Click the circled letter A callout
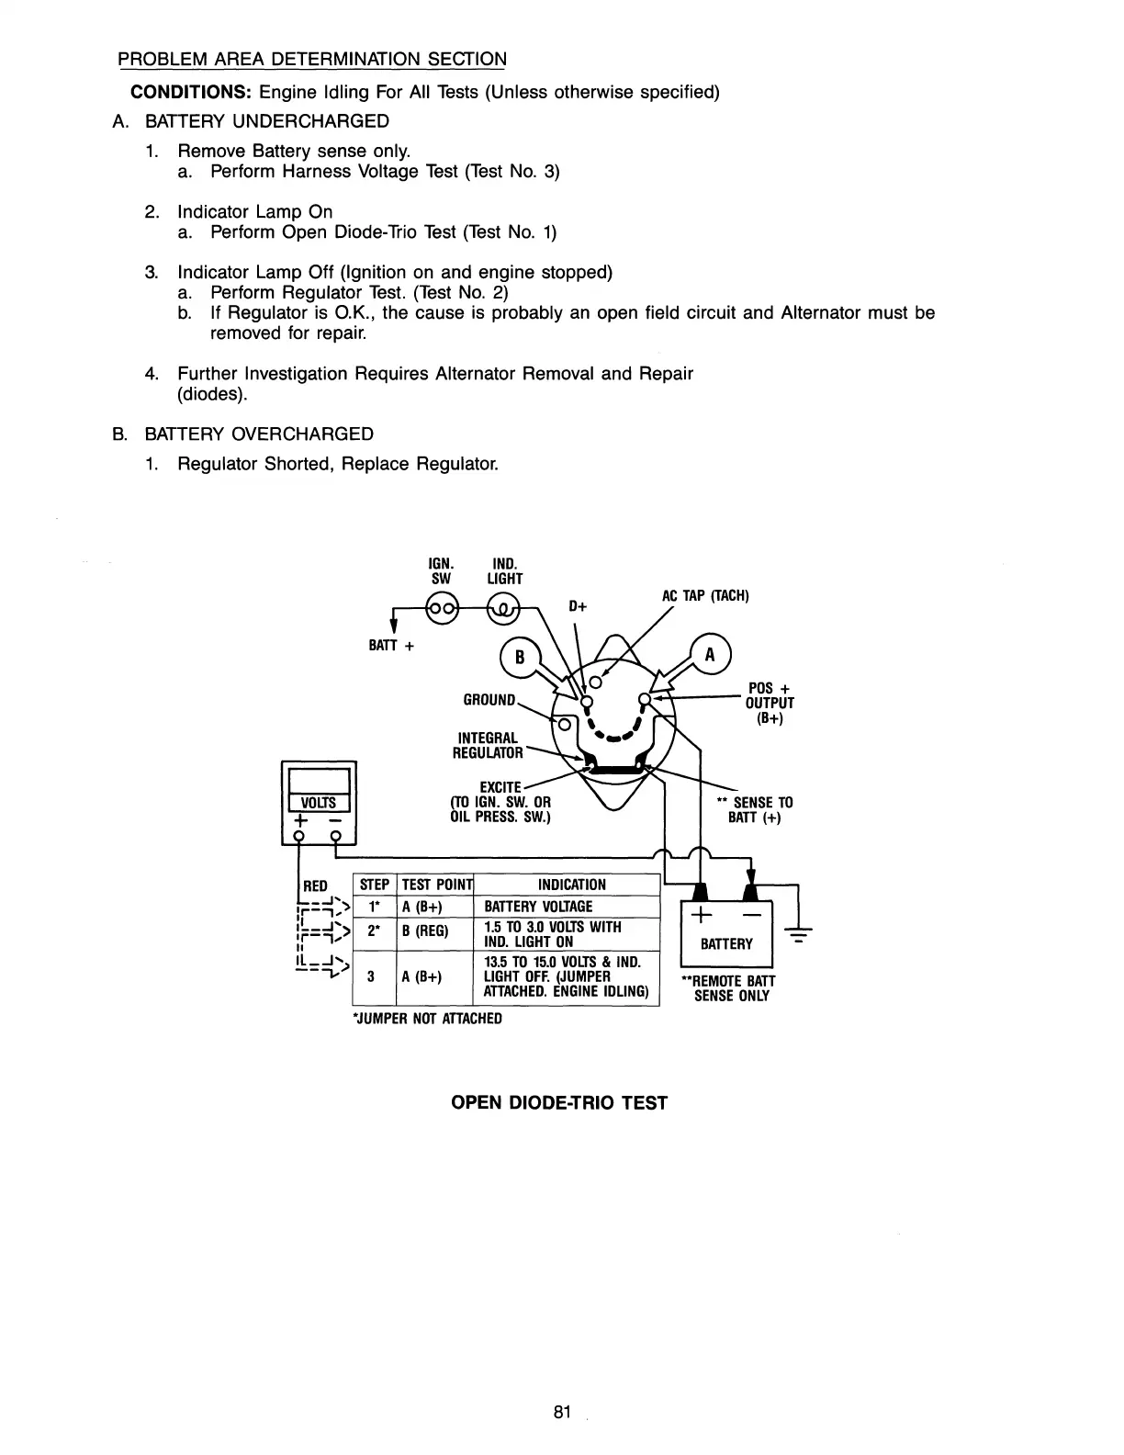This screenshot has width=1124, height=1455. [708, 656]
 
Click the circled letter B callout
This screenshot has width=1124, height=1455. [519, 658]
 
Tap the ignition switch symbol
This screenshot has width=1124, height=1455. [442, 608]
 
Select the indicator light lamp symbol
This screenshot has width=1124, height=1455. [504, 608]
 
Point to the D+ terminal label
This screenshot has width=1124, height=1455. [578, 606]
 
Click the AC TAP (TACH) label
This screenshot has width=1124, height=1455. [705, 596]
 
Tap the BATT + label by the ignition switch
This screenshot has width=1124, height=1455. [391, 646]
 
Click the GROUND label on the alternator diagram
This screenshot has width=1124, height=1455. [489, 700]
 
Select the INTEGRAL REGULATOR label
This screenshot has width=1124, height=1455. [489, 746]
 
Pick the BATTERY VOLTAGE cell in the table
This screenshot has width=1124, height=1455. [538, 907]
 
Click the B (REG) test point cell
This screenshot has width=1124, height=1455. [426, 932]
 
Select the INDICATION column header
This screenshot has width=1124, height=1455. [571, 885]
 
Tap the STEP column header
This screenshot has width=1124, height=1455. [374, 885]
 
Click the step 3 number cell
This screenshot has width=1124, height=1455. [369, 976]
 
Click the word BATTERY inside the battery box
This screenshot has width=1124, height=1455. [726, 944]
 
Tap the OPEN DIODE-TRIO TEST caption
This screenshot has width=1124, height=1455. [559, 1102]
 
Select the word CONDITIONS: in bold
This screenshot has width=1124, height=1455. [191, 92]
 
